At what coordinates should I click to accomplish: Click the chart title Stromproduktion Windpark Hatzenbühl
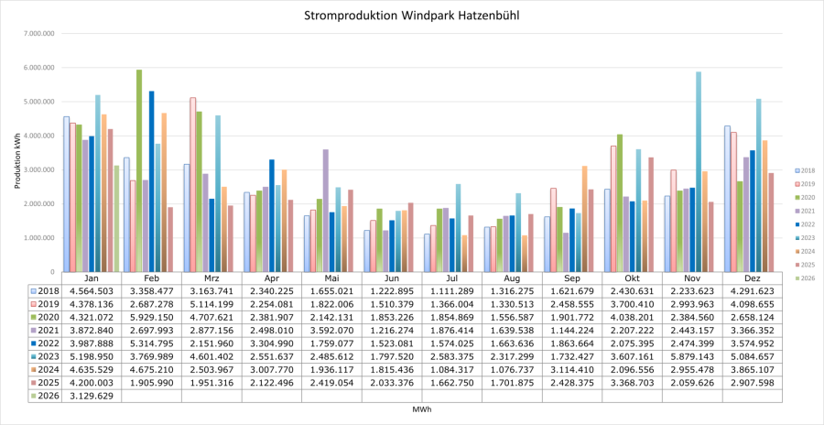411,16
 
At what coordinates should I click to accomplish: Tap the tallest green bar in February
139,170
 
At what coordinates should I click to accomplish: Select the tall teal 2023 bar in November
699,170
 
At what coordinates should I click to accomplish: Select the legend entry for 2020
805,197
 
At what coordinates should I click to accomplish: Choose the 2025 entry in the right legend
805,264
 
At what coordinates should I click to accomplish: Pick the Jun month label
392,278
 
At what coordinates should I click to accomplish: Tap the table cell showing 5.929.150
151,317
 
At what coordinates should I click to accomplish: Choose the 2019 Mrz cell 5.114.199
211,303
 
